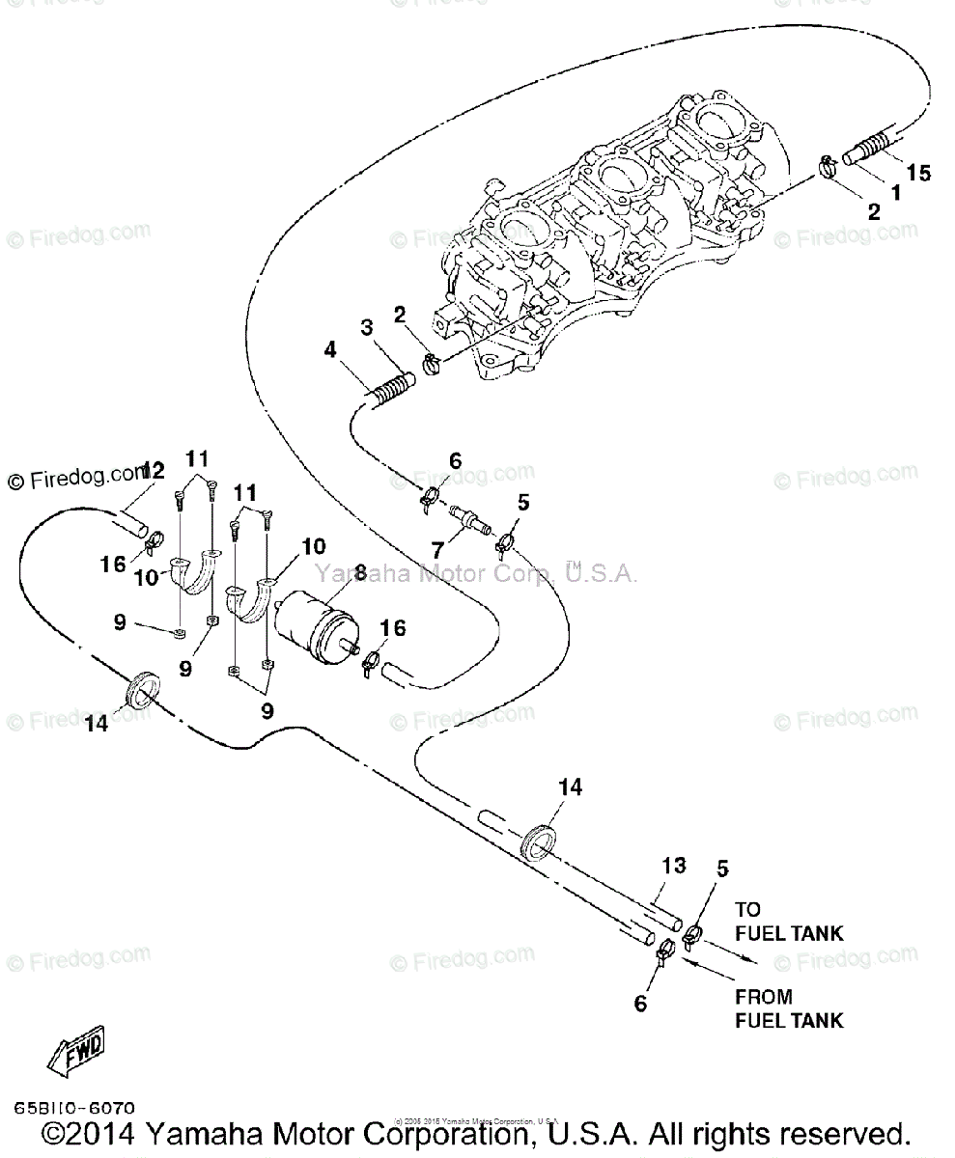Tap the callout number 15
[x=918, y=173]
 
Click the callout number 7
[x=438, y=551]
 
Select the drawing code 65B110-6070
[x=74, y=1108]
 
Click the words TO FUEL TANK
[x=788, y=921]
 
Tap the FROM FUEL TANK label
[x=788, y=1008]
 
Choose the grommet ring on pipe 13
[x=540, y=839]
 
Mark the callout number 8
[x=360, y=573]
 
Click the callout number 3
[x=367, y=329]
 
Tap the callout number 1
[x=894, y=192]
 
